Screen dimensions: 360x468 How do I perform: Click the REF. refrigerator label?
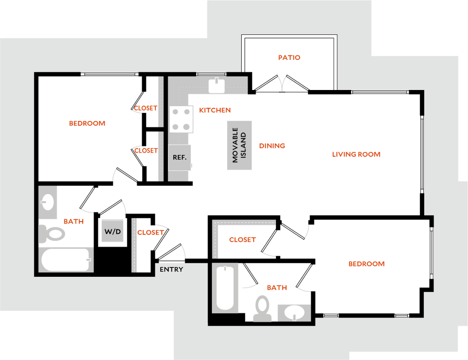(x=180, y=157)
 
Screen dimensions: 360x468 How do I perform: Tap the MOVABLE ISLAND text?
(x=239, y=145)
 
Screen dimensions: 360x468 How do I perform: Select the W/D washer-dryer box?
(x=112, y=231)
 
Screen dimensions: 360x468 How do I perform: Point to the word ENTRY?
(x=171, y=270)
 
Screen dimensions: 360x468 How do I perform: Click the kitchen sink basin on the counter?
(x=216, y=86)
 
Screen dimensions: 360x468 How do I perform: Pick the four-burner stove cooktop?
(x=181, y=119)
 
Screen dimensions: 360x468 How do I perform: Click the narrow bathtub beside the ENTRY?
(x=225, y=288)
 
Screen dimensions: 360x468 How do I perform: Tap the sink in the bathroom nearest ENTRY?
(x=293, y=312)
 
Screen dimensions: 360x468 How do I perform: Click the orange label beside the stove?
(x=215, y=110)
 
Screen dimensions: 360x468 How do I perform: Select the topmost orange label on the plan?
(x=289, y=58)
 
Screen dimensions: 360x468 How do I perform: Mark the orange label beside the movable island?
(x=272, y=146)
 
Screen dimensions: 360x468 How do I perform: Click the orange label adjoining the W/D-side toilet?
(x=74, y=221)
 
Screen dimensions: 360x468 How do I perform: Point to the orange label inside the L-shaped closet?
(x=242, y=239)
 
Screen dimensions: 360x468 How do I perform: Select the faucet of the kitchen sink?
(x=216, y=81)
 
